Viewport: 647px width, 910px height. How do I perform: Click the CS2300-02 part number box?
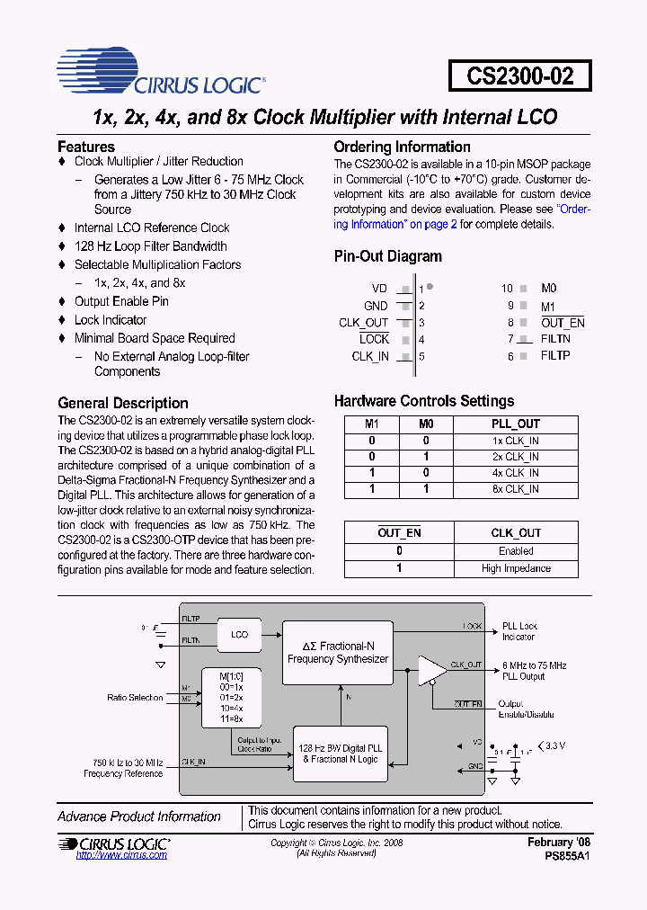(x=520, y=76)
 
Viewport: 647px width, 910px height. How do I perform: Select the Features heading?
(x=86, y=147)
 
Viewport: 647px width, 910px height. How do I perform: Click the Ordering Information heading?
(x=402, y=147)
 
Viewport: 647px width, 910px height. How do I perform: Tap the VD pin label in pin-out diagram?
(x=379, y=289)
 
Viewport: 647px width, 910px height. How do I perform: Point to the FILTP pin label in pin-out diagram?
(x=555, y=356)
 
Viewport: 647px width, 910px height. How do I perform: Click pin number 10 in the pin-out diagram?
(x=507, y=289)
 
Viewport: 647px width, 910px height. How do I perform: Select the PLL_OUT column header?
(x=516, y=424)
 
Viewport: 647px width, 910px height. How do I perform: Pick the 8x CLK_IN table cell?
(x=516, y=489)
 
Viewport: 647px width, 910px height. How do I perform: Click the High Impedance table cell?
(x=516, y=568)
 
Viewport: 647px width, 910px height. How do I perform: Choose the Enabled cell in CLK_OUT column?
(x=516, y=551)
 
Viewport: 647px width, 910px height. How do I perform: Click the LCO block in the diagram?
(x=239, y=634)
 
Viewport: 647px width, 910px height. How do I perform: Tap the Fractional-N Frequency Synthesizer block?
(x=338, y=653)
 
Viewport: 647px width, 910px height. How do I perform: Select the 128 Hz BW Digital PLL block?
(x=341, y=754)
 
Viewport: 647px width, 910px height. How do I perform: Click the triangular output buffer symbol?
(x=431, y=671)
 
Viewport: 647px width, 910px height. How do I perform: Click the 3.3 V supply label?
(x=556, y=745)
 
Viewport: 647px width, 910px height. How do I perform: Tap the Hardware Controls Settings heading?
(x=424, y=401)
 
